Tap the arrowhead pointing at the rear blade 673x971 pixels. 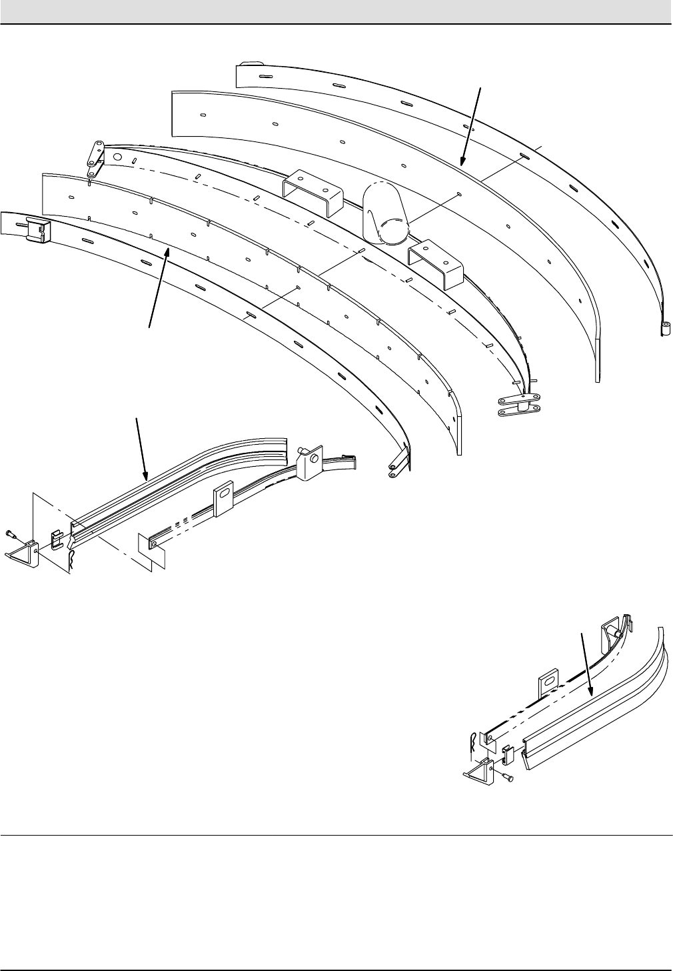point(462,160)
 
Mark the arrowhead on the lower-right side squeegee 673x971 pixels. point(590,694)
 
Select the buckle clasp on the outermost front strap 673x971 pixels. point(37,230)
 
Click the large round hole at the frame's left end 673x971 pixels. point(117,158)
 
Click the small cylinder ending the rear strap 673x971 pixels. point(664,329)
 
